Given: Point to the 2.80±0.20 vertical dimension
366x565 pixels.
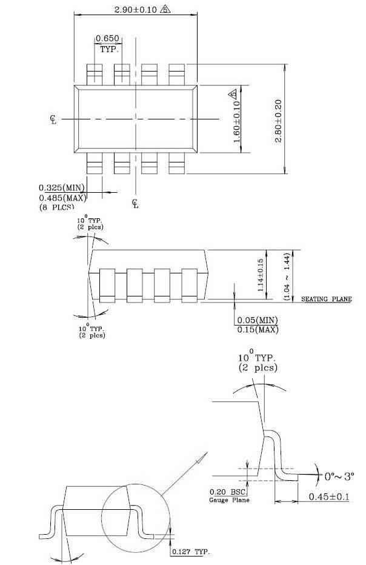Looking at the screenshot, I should tap(279, 121).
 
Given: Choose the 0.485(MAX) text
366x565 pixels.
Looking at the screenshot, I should tap(63, 198).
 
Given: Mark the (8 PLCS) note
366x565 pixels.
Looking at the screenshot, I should tap(59, 208).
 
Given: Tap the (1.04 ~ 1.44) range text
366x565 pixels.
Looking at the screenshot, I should tap(287, 276).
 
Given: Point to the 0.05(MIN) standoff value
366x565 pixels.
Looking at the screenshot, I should tap(258, 320).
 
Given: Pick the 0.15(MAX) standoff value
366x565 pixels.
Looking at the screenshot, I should tap(258, 330).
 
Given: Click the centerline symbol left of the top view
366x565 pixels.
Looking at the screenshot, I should tap(53, 119).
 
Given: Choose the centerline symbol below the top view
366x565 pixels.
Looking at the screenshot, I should tap(135, 204).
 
